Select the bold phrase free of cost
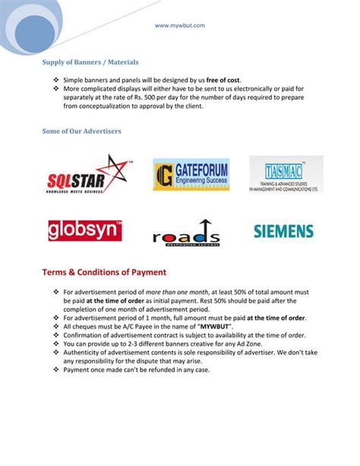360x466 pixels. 225,80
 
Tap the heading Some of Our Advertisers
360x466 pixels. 81,132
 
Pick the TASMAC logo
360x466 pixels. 286,176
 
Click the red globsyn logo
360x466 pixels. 85,230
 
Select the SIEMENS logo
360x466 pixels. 283,230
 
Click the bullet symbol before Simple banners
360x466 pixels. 55,80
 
